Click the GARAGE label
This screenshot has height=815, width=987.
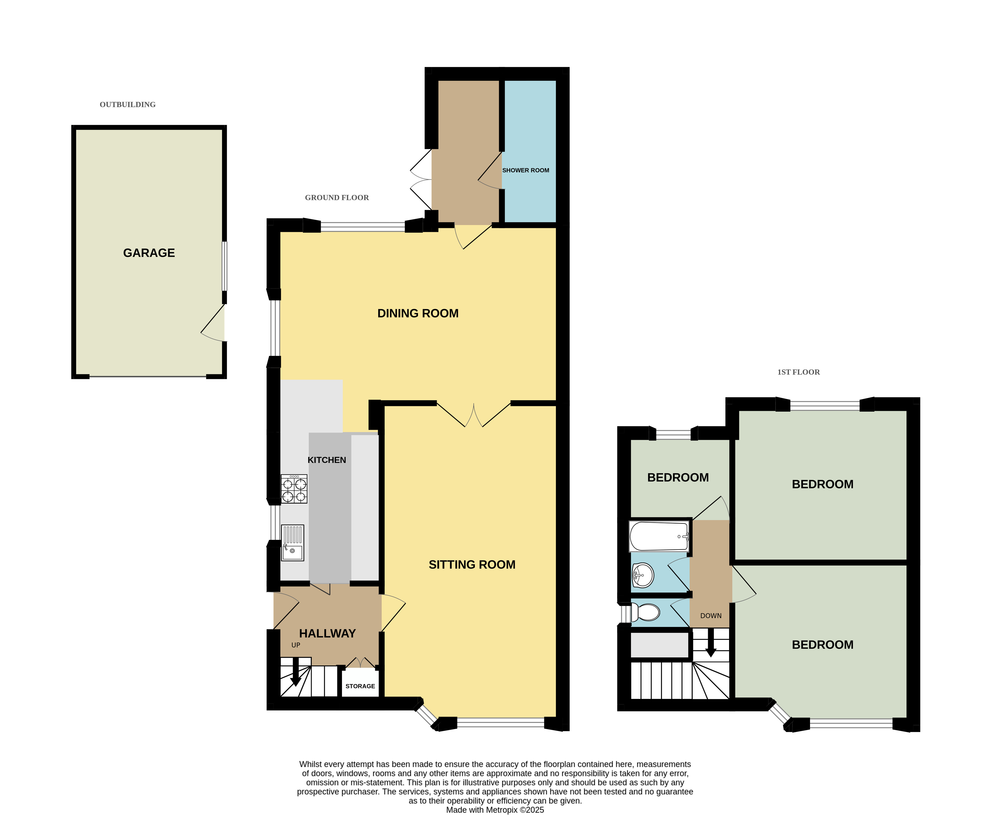point(149,253)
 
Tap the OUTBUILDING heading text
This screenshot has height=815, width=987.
point(128,105)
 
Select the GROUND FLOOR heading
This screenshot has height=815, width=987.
point(337,198)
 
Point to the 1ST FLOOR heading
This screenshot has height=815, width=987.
point(798,372)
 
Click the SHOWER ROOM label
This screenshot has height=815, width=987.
point(525,170)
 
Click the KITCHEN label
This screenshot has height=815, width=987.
point(327,460)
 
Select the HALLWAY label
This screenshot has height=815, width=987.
point(327,633)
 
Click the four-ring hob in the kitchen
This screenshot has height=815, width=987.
point(294,489)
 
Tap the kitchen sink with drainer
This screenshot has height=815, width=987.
point(293,543)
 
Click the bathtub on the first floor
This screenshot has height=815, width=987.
point(659,536)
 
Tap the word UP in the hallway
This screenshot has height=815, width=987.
point(296,645)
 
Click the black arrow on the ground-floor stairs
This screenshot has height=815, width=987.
point(296,671)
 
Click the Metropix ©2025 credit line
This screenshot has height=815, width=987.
point(495,810)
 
